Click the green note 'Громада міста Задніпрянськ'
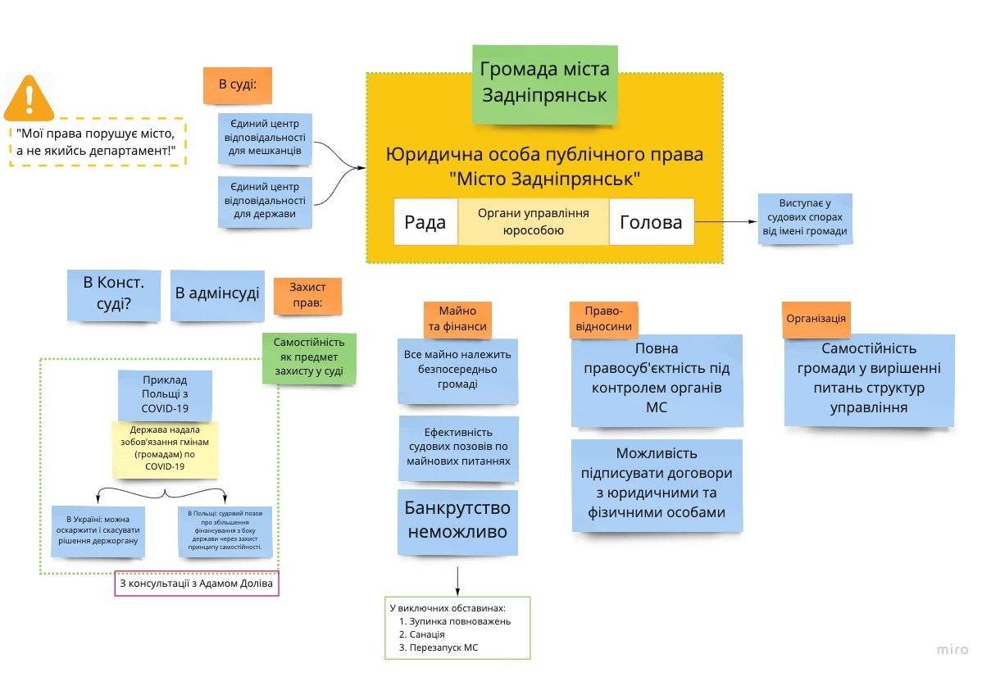pyautogui.click(x=544, y=83)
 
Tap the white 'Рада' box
pyautogui.click(x=425, y=222)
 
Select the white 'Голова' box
pyautogui.click(x=651, y=222)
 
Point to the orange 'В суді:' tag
pyautogui.click(x=237, y=84)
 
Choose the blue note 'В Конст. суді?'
pyautogui.click(x=113, y=295)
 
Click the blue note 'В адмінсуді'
pyautogui.click(x=217, y=293)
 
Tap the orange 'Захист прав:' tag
pyautogui.click(x=307, y=296)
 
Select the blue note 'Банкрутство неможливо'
pyautogui.click(x=457, y=519)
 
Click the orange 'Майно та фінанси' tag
pyautogui.click(x=457, y=319)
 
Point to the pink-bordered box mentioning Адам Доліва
pyautogui.click(x=197, y=584)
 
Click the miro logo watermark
pyautogui.click(x=952, y=649)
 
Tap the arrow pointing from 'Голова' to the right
pyautogui.click(x=725, y=221)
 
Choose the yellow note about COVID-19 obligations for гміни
pyautogui.click(x=166, y=449)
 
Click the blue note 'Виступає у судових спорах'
pyautogui.click(x=805, y=219)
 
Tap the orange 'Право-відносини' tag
pyautogui.click(x=604, y=319)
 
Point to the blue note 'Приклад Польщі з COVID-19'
pyautogui.click(x=165, y=394)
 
